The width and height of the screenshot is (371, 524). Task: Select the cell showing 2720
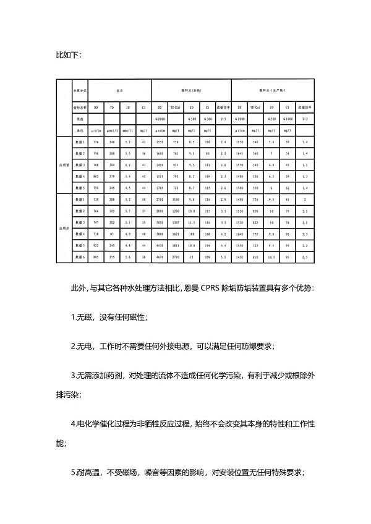176,255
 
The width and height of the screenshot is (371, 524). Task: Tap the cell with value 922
96,247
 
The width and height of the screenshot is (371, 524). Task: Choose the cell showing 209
207,255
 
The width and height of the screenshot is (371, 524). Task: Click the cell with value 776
96,143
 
